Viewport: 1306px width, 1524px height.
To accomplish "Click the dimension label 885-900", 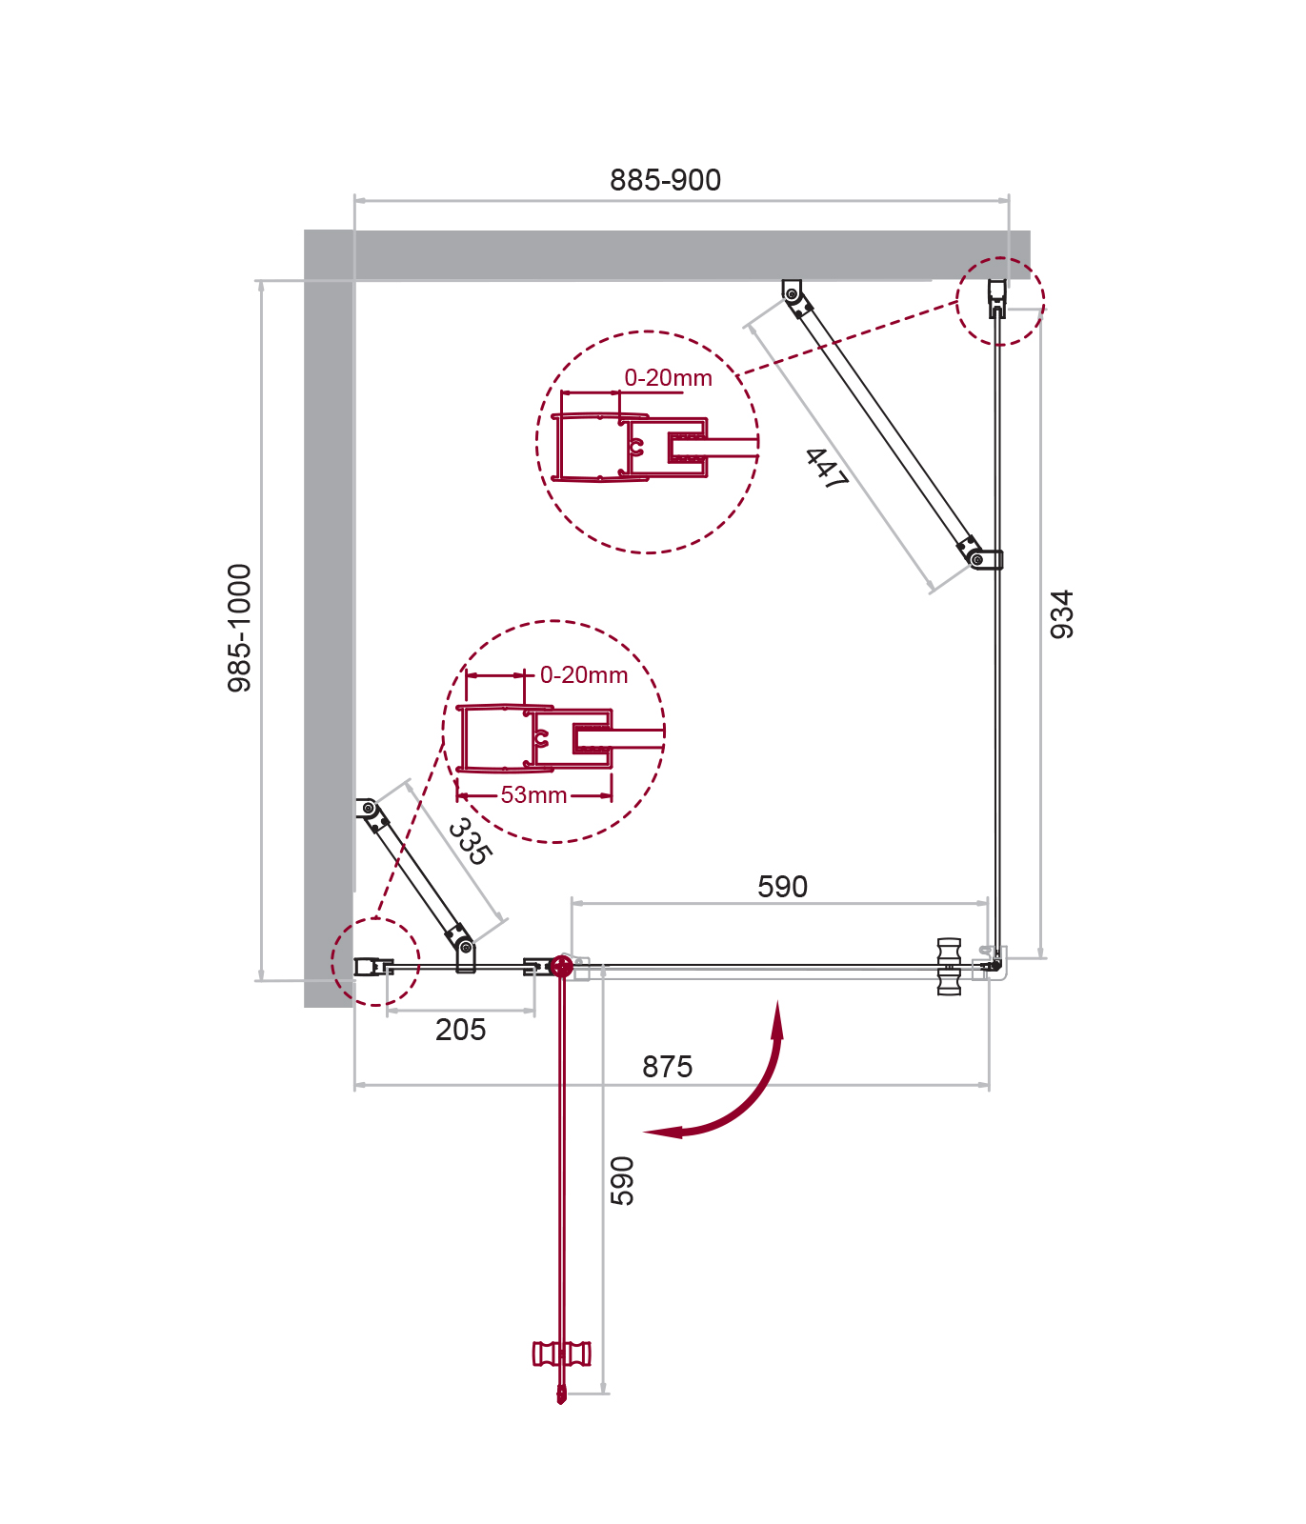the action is click(x=665, y=180).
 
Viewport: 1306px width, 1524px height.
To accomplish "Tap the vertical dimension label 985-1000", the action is click(x=240, y=628).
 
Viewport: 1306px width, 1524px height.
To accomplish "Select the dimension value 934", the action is click(x=1061, y=614).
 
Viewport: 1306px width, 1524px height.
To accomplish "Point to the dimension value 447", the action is click(x=826, y=470).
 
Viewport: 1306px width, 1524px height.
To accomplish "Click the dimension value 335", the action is click(x=470, y=841).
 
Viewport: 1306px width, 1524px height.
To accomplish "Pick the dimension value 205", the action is click(x=461, y=1030).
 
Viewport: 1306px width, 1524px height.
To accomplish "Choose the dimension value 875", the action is click(x=667, y=1067).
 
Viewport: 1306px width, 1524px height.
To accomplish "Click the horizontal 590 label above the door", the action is click(x=782, y=887).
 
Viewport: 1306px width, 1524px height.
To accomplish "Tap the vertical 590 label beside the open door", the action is click(x=622, y=1181).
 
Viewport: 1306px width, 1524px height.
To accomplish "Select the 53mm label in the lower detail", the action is click(x=533, y=795).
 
